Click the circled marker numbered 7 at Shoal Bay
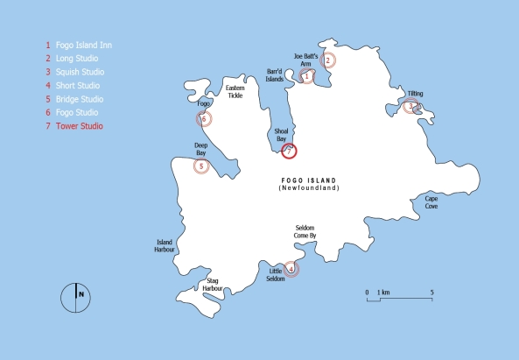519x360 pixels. pyautogui.click(x=291, y=151)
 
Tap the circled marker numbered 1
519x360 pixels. pyautogui.click(x=306, y=76)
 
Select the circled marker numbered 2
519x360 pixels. pyautogui.click(x=328, y=60)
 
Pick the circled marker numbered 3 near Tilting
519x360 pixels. pyautogui.click(x=410, y=106)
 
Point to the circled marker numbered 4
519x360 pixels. pyautogui.click(x=292, y=268)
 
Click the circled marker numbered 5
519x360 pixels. pyautogui.click(x=202, y=166)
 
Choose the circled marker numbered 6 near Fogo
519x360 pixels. pyautogui.click(x=204, y=119)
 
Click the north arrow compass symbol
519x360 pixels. pyautogui.click(x=76, y=296)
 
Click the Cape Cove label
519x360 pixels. pyautogui.click(x=431, y=201)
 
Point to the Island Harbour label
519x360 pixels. pyautogui.click(x=165, y=245)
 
